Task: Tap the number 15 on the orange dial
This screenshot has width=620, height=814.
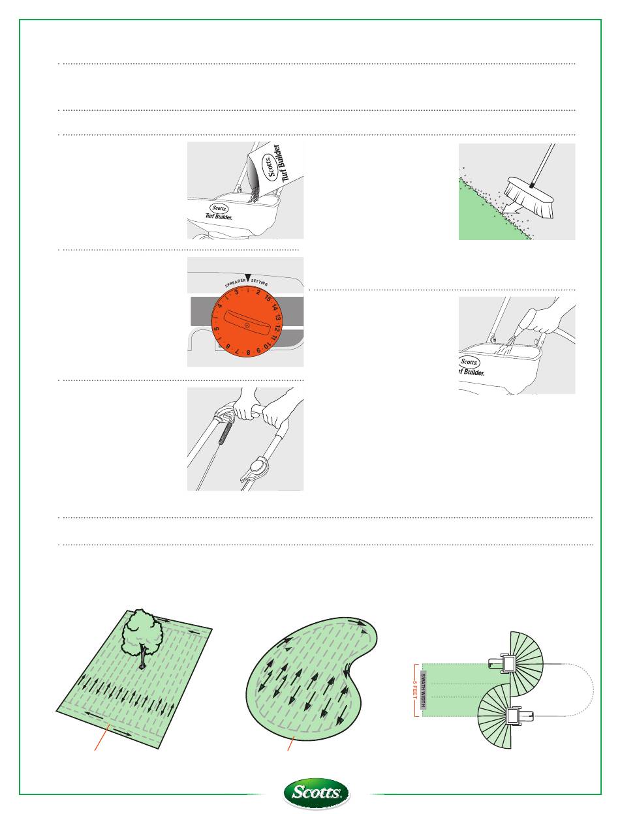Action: click(268, 298)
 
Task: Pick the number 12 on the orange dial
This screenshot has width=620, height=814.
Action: click(277, 329)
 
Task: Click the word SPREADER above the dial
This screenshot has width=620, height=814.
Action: click(235, 283)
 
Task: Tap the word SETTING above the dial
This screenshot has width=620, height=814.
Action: click(259, 282)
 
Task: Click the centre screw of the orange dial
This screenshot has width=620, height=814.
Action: click(247, 325)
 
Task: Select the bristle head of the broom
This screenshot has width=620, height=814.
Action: click(530, 197)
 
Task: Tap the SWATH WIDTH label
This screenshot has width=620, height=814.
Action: click(424, 690)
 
